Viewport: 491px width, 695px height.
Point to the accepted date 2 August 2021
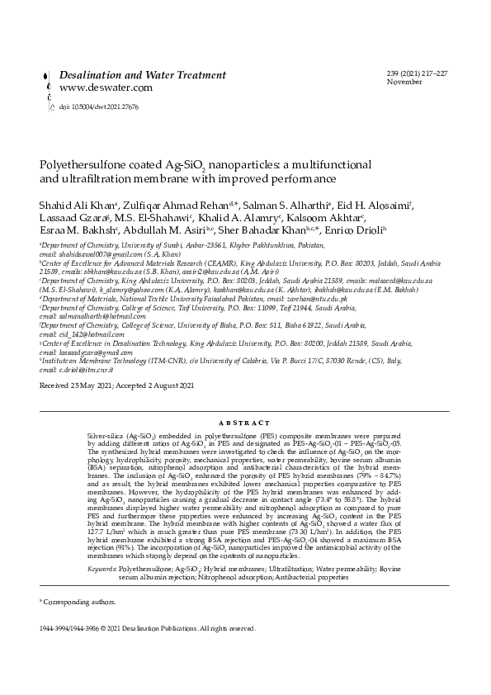(171, 385)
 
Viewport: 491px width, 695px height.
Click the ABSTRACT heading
(245, 422)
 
